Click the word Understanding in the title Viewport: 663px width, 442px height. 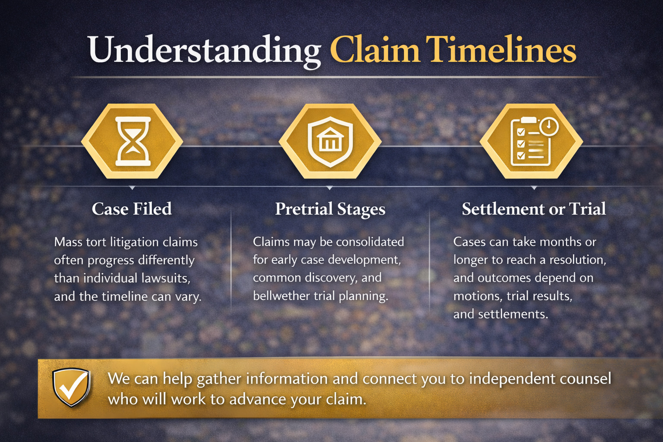tap(204, 50)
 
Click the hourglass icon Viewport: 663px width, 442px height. tap(133, 141)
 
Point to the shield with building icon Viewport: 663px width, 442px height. tap(330, 142)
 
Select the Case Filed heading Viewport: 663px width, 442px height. tap(132, 209)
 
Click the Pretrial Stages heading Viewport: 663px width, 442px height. tap(330, 209)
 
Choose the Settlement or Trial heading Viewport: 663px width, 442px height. tap(534, 209)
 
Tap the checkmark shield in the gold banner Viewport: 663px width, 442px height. tap(71, 387)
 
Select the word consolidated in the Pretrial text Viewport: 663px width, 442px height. tap(370, 242)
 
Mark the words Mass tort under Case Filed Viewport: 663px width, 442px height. tap(80, 242)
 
